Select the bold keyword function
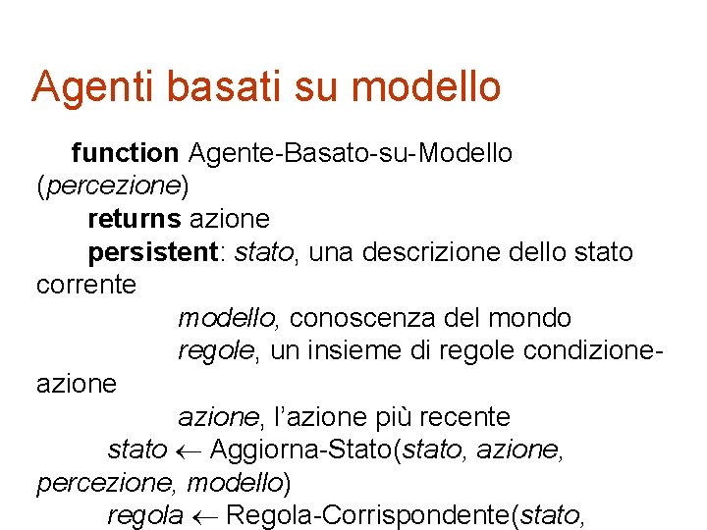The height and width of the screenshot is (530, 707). pos(125,153)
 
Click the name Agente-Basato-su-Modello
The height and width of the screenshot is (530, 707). pos(351,153)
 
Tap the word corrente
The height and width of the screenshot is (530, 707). pos(86,286)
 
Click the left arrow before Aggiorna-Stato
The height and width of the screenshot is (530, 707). pos(190,450)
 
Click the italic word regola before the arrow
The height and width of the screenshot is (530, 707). pos(145,516)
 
